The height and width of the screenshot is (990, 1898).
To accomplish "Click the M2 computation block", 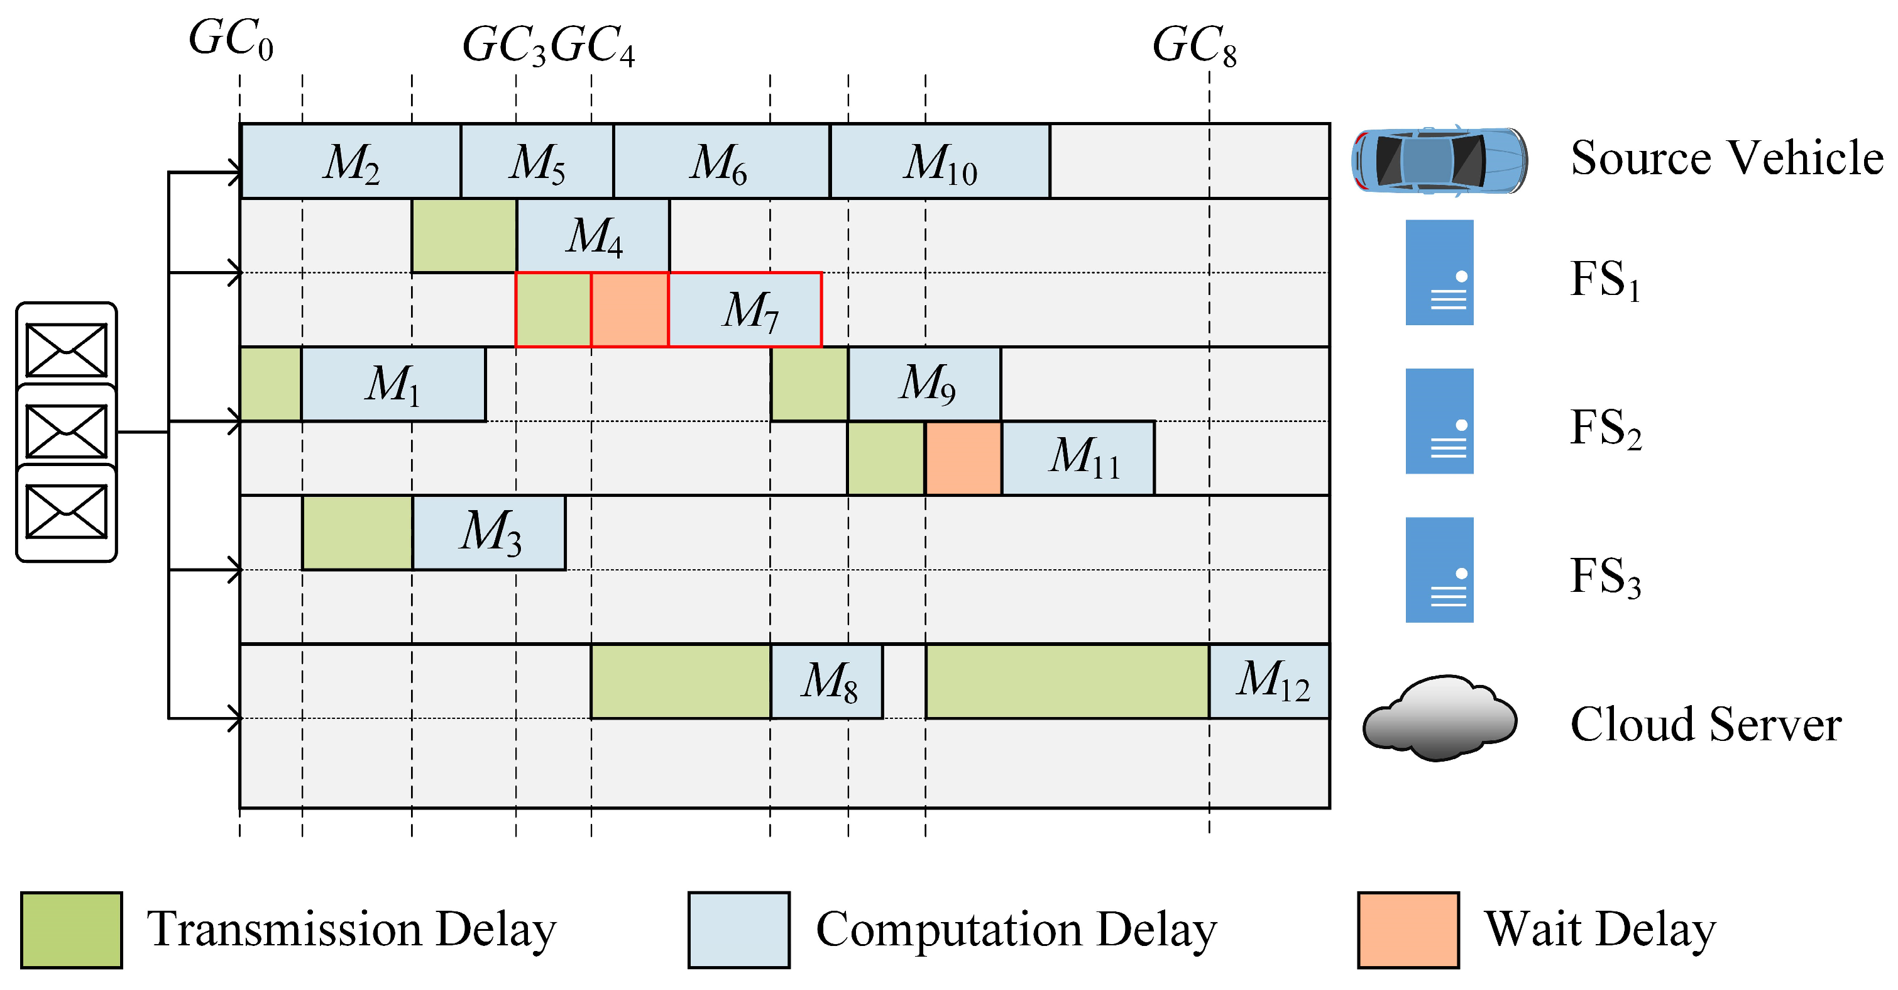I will tap(351, 162).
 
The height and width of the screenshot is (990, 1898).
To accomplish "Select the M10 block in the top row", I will tap(940, 162).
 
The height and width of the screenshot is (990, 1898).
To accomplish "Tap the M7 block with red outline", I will tap(745, 309).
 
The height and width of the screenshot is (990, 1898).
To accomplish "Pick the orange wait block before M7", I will tap(629, 309).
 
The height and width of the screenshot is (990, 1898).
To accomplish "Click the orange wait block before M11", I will tap(963, 458).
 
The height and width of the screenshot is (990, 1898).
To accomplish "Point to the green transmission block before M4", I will tap(464, 236).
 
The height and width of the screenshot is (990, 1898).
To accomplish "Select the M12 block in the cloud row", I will tap(1270, 681).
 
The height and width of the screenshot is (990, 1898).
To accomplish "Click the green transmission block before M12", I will tap(1067, 681).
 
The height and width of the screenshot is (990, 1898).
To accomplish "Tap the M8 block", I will tap(826, 681).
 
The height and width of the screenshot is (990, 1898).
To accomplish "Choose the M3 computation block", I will tap(489, 532).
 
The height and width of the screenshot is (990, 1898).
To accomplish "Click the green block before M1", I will tap(270, 384).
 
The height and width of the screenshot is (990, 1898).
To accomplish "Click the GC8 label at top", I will tap(1193, 46).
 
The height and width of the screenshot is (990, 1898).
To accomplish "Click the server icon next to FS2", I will tap(1439, 421).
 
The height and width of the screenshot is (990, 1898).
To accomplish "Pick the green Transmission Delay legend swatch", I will tap(72, 930).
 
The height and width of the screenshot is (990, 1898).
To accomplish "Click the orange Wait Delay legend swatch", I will tap(1408, 930).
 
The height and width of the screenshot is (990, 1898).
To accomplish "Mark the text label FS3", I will tap(1605, 577).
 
